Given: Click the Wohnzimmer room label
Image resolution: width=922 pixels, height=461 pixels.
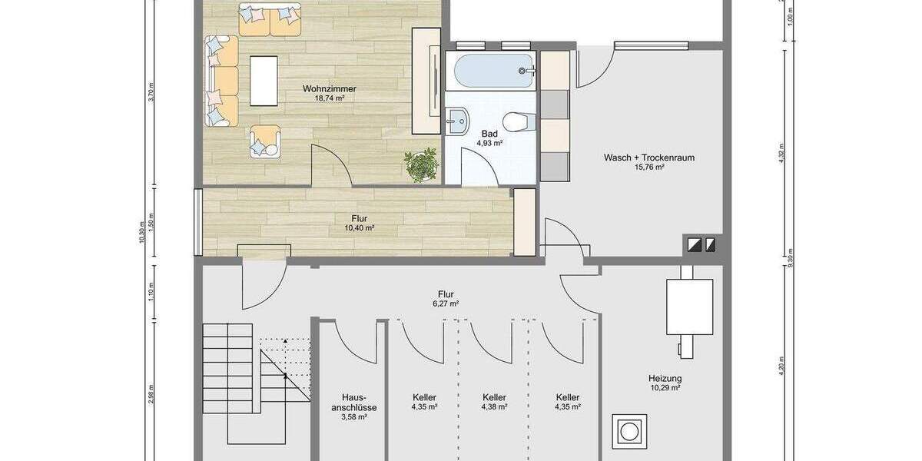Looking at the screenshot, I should [330, 88].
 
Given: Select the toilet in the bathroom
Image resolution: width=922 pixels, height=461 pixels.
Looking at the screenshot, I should [518, 121].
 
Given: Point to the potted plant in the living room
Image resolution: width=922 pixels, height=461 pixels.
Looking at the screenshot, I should [421, 165].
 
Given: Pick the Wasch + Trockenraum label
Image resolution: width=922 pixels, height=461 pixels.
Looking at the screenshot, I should [649, 158].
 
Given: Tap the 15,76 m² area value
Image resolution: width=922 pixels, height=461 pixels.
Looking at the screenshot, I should [649, 167].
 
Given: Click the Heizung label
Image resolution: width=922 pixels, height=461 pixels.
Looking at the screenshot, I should [665, 378].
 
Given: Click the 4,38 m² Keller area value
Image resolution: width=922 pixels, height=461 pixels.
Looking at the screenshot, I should [494, 406].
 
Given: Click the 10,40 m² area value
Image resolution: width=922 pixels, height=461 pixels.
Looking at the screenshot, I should [360, 227].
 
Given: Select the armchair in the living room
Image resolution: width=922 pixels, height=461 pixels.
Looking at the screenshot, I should [265, 141].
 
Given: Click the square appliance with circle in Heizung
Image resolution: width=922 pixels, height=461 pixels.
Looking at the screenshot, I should [629, 431].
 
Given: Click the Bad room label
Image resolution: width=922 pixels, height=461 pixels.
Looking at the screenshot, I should [489, 134].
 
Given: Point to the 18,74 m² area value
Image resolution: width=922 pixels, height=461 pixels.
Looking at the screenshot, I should [330, 98].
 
